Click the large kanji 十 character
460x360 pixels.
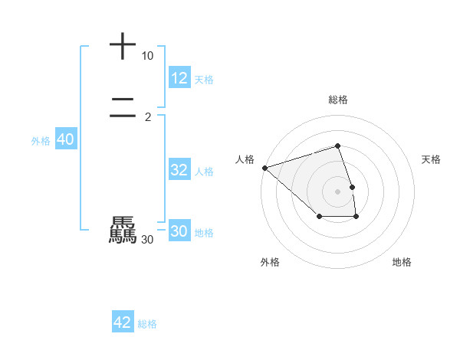pyautogui.click(x=123, y=47)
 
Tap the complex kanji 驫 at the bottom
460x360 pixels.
pyautogui.click(x=123, y=230)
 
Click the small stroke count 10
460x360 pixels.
pyautogui.click(x=147, y=56)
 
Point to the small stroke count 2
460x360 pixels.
pyautogui.click(x=147, y=116)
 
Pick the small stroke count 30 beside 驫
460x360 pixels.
pyautogui.click(x=147, y=240)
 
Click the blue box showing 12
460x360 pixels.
pyautogui.click(x=179, y=78)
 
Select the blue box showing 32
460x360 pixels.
pyautogui.click(x=179, y=170)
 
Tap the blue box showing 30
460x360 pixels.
pyautogui.click(x=179, y=231)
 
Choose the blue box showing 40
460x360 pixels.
pyautogui.click(x=66, y=139)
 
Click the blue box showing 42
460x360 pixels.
pyautogui.click(x=123, y=322)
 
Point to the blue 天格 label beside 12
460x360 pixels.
pyautogui.click(x=204, y=79)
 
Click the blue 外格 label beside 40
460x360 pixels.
pyautogui.click(x=41, y=140)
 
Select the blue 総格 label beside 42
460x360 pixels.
pyautogui.click(x=147, y=323)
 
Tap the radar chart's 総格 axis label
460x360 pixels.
pyautogui.click(x=338, y=100)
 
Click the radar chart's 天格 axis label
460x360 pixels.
pyautogui.click(x=432, y=159)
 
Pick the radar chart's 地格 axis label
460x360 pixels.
pyautogui.click(x=402, y=262)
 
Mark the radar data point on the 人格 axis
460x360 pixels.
pyautogui.click(x=264, y=168)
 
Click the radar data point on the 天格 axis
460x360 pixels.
pyautogui.click(x=352, y=187)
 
